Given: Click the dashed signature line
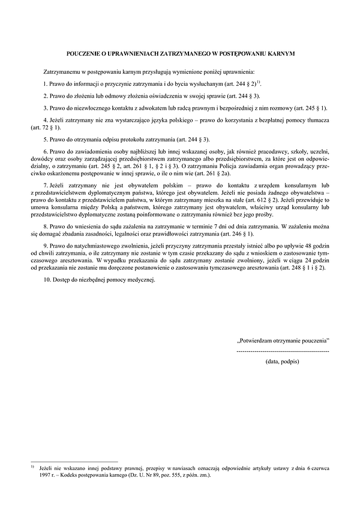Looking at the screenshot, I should [x=283, y=350].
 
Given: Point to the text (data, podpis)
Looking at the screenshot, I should [x=282, y=362].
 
